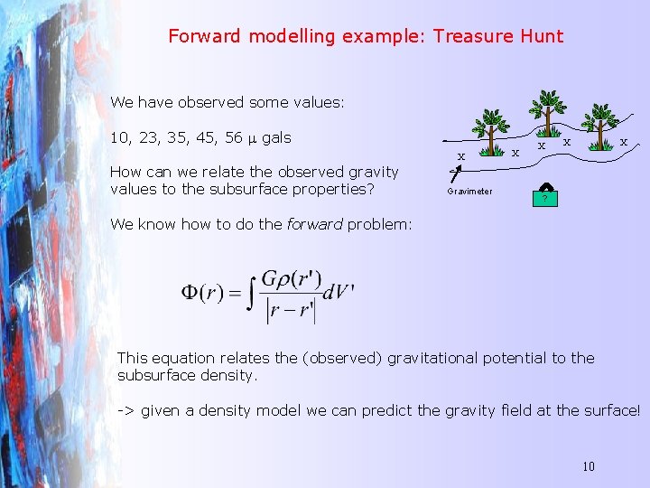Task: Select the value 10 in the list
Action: tap(119, 138)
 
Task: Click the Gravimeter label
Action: tap(470, 192)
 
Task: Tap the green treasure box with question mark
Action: tap(544, 196)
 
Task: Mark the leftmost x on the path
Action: tap(460, 156)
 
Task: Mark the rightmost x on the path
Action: tap(623, 141)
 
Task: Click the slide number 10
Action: tap(588, 466)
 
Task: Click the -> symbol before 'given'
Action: tap(126, 410)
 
